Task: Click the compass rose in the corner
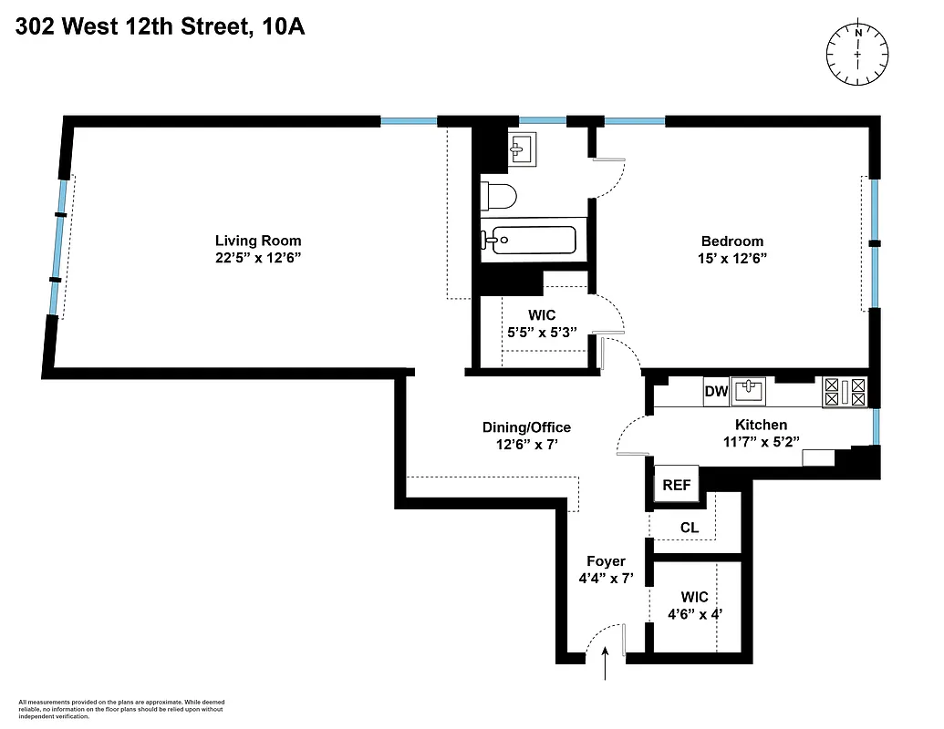(857, 55)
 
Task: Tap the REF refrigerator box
(676, 485)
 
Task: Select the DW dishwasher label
(716, 392)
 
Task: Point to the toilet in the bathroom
(499, 195)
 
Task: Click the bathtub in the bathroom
(529, 241)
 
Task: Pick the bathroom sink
(523, 149)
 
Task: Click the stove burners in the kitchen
(845, 392)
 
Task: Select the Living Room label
(258, 241)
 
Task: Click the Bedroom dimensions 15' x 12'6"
(732, 258)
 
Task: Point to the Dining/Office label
(526, 427)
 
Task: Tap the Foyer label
(607, 561)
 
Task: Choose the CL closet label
(690, 528)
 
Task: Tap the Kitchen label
(761, 425)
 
